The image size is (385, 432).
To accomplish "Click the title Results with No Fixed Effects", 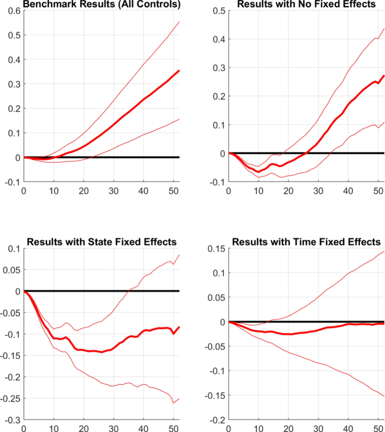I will (x=305, y=4).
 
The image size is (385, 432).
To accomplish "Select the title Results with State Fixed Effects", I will (x=102, y=242).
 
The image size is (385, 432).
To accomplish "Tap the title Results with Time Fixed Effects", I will (x=306, y=242).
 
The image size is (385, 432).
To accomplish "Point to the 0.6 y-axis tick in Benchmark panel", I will (x=11, y=11).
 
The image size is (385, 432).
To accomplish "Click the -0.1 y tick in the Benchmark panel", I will (x=10, y=182).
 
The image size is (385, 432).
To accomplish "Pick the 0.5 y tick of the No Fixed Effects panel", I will (x=216, y=11).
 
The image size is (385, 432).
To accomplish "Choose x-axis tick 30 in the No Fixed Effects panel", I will (x=319, y=191).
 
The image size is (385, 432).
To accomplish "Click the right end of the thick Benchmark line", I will (x=179, y=70).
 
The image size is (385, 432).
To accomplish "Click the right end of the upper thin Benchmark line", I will (x=179, y=22).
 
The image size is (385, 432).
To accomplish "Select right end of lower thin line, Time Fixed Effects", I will (x=384, y=397).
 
